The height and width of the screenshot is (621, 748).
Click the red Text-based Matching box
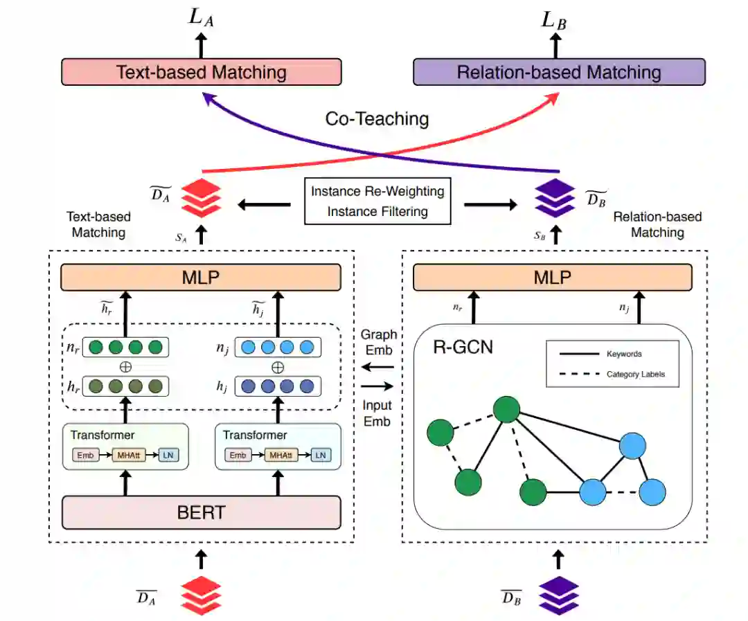click(202, 72)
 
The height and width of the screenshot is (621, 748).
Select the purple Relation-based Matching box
click(559, 72)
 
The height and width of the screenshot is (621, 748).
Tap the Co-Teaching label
click(377, 118)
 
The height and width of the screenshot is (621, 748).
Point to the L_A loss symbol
click(202, 19)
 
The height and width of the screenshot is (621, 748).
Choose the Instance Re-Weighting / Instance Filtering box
click(377, 201)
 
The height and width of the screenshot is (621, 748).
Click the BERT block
click(202, 513)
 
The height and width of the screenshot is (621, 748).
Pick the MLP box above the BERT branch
click(202, 277)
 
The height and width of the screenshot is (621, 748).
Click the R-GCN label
click(463, 346)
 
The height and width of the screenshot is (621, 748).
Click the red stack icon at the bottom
click(200, 594)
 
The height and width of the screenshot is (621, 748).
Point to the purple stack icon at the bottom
click(558, 594)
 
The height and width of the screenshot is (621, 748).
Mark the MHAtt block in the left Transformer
click(128, 455)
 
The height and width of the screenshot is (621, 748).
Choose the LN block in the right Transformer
click(320, 455)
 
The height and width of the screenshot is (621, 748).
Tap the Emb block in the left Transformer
click(86, 455)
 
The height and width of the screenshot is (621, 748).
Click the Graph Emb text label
click(379, 341)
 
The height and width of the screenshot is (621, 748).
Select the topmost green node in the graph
click(507, 409)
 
